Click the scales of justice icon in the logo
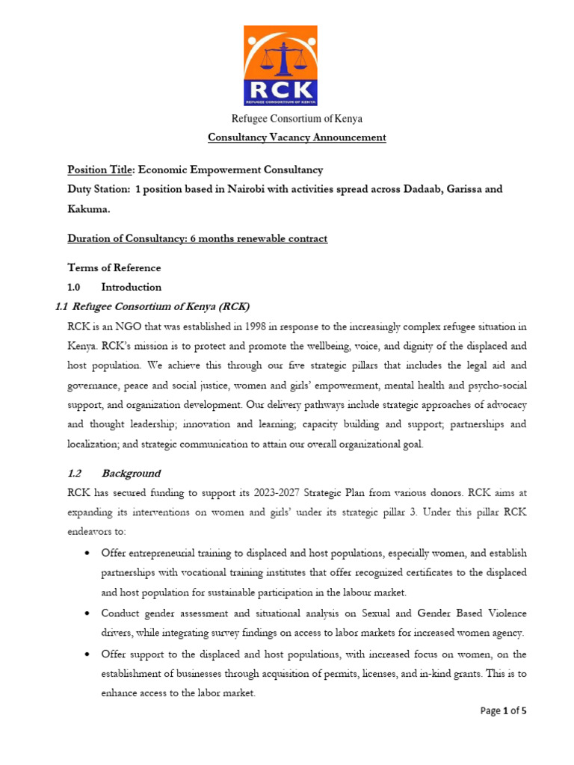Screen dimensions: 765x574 280,56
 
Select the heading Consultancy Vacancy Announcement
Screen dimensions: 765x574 297,137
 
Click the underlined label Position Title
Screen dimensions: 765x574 97,170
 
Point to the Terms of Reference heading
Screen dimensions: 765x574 114,267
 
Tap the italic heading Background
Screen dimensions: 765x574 131,473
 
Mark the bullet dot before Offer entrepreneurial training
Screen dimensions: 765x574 88,553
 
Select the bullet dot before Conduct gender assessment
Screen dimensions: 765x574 88,613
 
